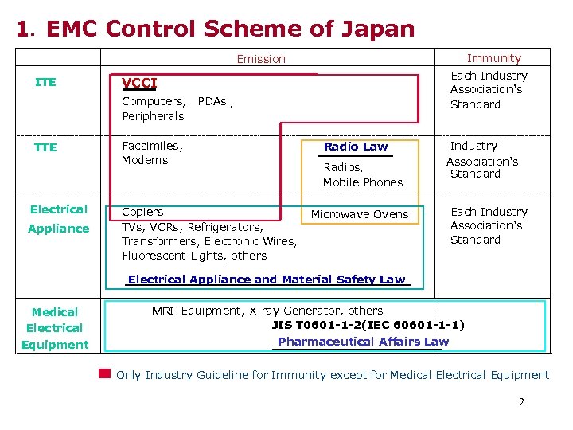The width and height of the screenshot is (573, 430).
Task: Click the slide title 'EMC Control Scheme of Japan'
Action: (x=230, y=29)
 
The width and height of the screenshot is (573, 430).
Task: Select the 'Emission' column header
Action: (x=261, y=59)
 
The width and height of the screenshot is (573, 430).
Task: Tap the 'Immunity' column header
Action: (x=493, y=58)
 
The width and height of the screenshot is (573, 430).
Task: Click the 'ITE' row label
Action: (x=46, y=82)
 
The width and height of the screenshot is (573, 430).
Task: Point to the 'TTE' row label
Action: (x=46, y=147)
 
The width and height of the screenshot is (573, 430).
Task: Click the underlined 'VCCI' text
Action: (x=139, y=84)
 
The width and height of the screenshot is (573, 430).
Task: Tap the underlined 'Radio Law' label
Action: (x=356, y=147)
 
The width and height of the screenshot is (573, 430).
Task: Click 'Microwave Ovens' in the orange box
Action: (x=359, y=214)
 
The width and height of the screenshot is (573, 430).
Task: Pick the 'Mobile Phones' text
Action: (x=362, y=182)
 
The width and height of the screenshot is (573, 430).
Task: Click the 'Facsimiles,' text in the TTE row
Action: (x=152, y=146)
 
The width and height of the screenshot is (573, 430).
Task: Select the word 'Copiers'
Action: (x=142, y=212)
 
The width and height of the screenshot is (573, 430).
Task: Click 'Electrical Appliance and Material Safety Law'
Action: (x=267, y=279)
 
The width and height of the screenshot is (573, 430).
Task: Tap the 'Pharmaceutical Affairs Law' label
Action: (x=363, y=342)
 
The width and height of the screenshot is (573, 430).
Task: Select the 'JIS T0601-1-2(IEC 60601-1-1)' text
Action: (x=368, y=325)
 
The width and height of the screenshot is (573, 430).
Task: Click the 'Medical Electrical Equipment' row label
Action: (x=55, y=328)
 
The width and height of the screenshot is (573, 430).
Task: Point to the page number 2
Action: (x=521, y=402)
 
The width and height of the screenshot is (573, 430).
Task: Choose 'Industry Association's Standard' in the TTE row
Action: (x=482, y=160)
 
